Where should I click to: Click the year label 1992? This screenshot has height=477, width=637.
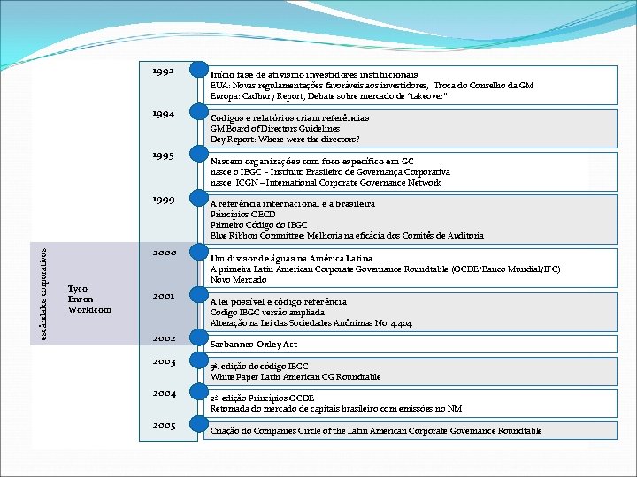point(162,70)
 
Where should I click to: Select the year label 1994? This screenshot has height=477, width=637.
point(162,114)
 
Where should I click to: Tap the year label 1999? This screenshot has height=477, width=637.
point(162,199)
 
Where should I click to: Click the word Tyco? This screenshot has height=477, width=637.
point(78,289)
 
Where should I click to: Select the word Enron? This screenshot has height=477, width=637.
point(80,299)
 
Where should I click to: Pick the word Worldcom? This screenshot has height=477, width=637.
point(89,310)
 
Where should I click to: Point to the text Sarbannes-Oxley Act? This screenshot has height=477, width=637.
point(253,344)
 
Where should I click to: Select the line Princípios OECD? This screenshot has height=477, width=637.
point(242,215)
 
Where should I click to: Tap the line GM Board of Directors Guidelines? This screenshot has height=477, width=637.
point(274,128)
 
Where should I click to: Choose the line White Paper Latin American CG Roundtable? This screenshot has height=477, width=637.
point(295,377)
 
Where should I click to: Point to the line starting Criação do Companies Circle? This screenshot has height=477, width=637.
point(376,430)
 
